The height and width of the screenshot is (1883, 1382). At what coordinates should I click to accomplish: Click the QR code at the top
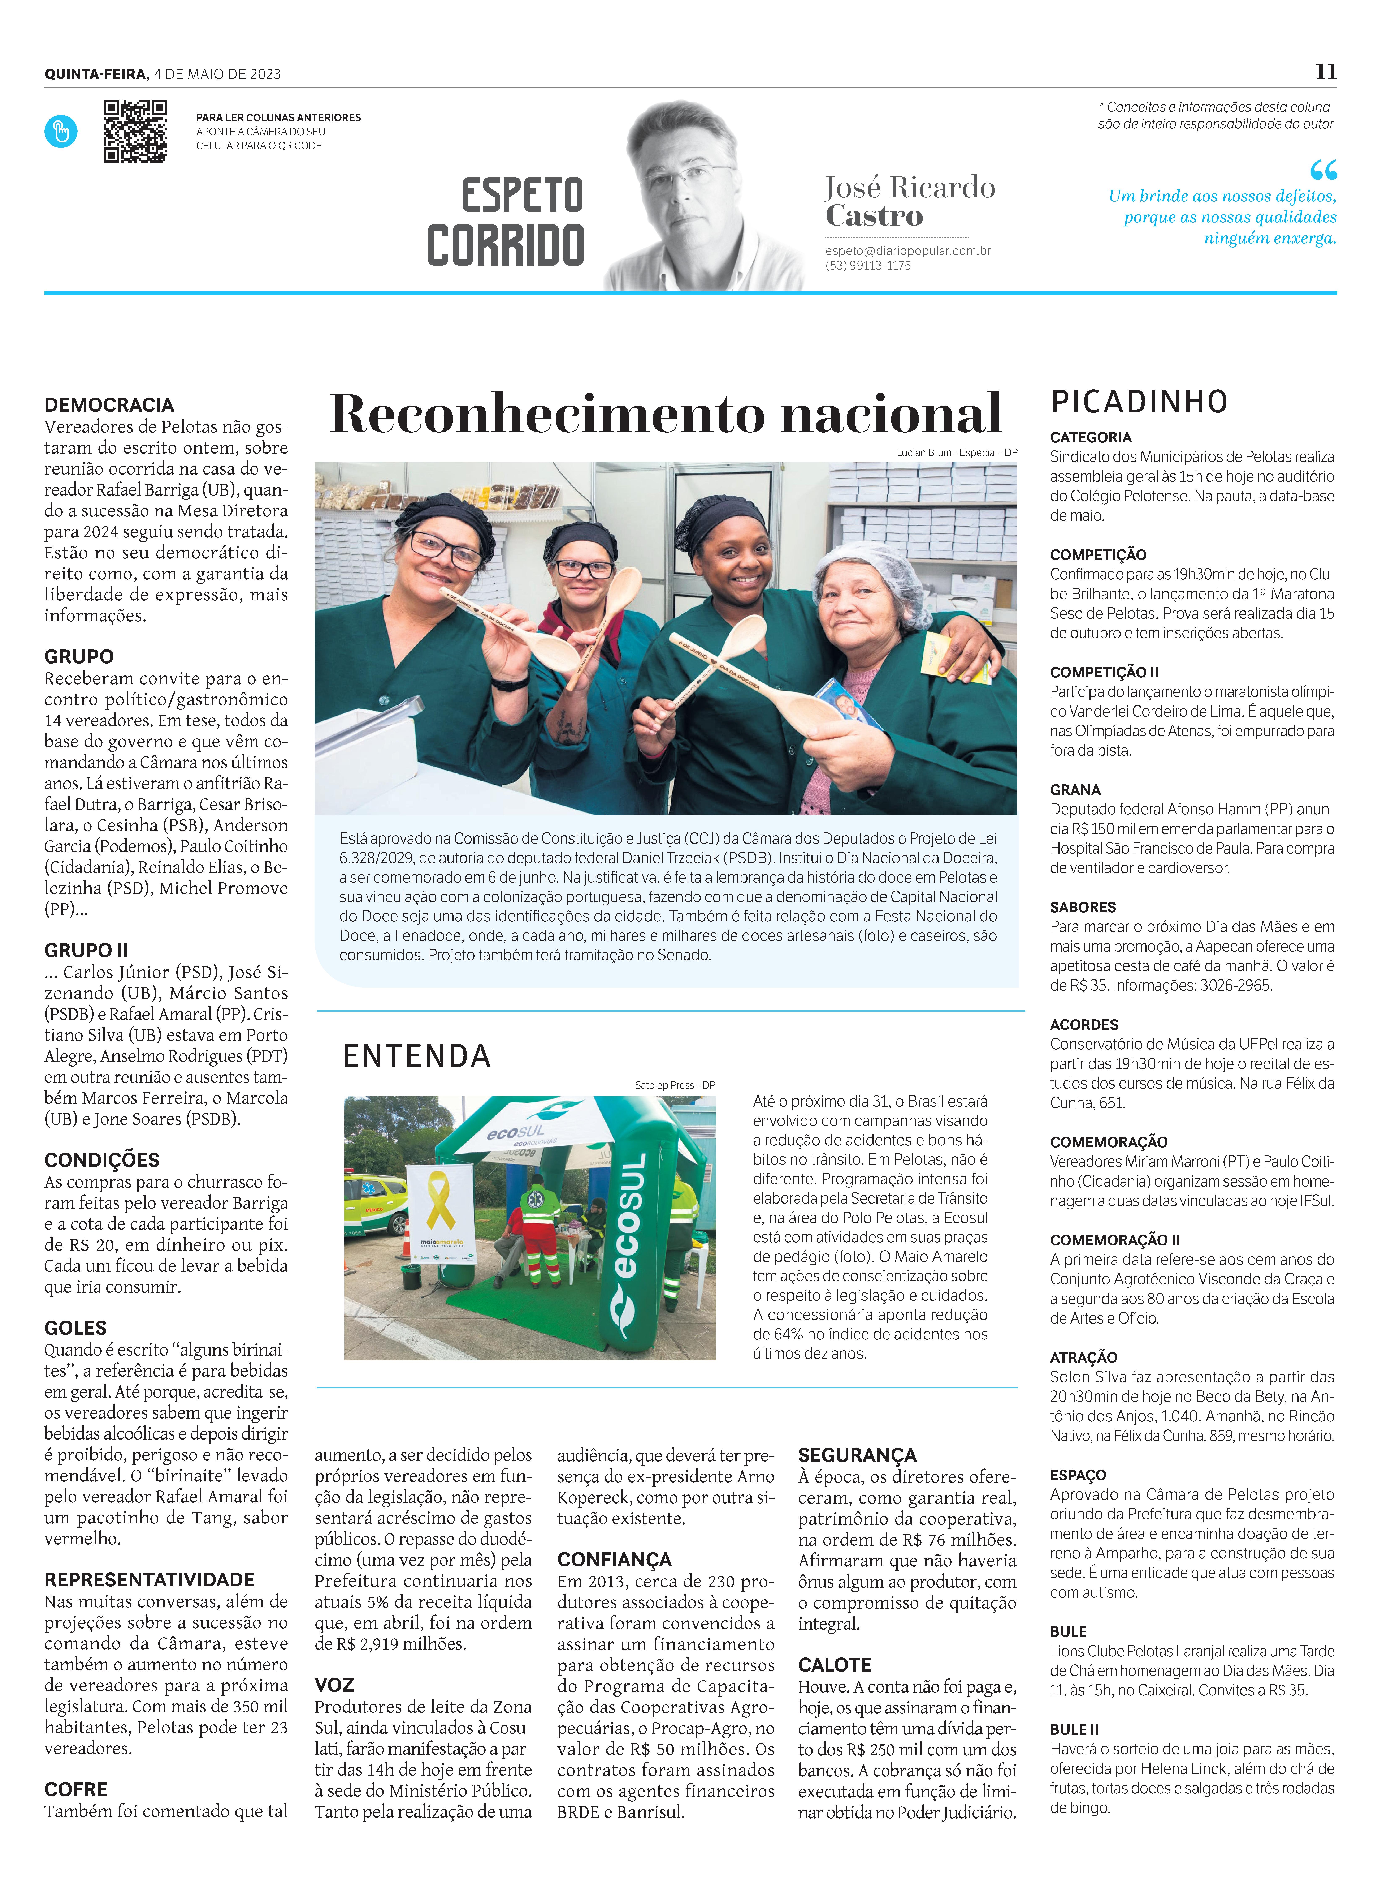[x=135, y=131]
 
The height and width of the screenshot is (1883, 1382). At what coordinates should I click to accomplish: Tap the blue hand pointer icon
[x=61, y=131]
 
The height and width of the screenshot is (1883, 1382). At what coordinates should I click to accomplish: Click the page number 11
[x=1325, y=72]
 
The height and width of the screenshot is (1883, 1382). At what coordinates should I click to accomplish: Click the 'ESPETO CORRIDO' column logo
[x=506, y=221]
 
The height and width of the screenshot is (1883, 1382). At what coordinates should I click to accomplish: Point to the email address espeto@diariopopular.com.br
[x=908, y=250]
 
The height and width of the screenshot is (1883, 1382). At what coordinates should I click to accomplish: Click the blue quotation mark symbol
[x=1323, y=171]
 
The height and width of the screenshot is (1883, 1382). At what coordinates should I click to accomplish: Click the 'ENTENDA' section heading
[x=417, y=1056]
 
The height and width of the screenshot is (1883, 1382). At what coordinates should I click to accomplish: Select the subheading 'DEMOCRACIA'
[x=109, y=405]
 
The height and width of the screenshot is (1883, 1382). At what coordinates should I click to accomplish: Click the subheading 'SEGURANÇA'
[x=857, y=1454]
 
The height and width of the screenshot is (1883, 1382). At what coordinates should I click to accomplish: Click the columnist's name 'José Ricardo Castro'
[x=909, y=201]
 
